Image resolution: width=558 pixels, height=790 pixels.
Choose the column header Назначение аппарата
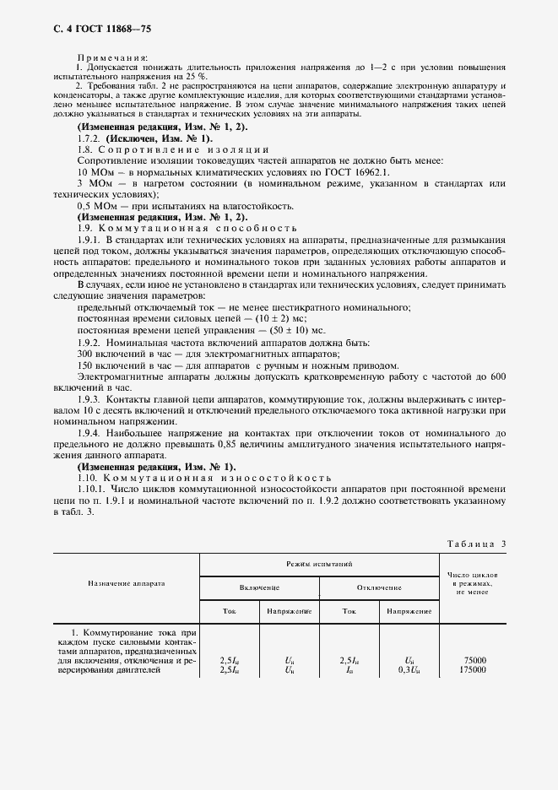(126, 582)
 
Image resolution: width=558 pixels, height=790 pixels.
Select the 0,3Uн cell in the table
(409, 670)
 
